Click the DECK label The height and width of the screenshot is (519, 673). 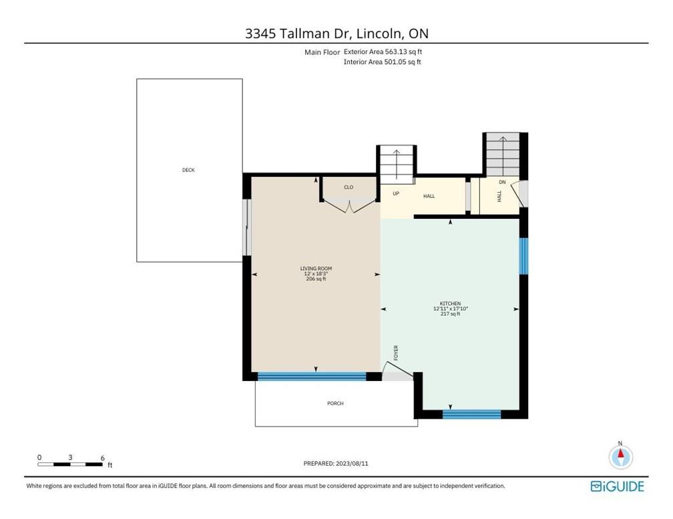(x=188, y=170)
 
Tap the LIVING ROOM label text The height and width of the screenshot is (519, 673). (x=315, y=269)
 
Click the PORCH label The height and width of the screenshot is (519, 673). (x=335, y=404)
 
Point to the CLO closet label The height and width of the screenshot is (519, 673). (x=349, y=187)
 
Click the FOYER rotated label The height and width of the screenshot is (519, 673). (x=396, y=353)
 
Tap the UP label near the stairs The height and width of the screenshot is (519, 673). (x=396, y=194)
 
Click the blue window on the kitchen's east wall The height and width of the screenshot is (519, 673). (x=523, y=256)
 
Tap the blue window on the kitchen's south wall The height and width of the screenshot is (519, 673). (x=471, y=414)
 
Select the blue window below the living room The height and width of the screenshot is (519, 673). (x=312, y=376)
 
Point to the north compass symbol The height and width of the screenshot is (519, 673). (x=620, y=457)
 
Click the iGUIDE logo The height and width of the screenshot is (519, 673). (x=617, y=486)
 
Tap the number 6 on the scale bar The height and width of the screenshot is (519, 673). (x=102, y=458)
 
